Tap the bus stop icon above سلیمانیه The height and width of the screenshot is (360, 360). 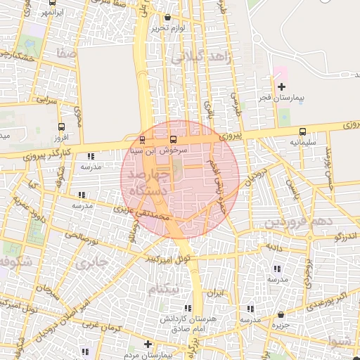(x=303, y=131)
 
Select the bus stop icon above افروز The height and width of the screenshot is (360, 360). (x=62, y=127)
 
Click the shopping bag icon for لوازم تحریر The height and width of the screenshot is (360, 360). (x=167, y=18)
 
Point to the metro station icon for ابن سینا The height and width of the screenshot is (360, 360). (x=143, y=139)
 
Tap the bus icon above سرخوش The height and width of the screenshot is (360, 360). (x=174, y=139)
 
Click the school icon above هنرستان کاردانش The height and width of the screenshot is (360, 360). (x=188, y=308)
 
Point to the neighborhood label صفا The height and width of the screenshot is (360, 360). (x=68, y=53)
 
